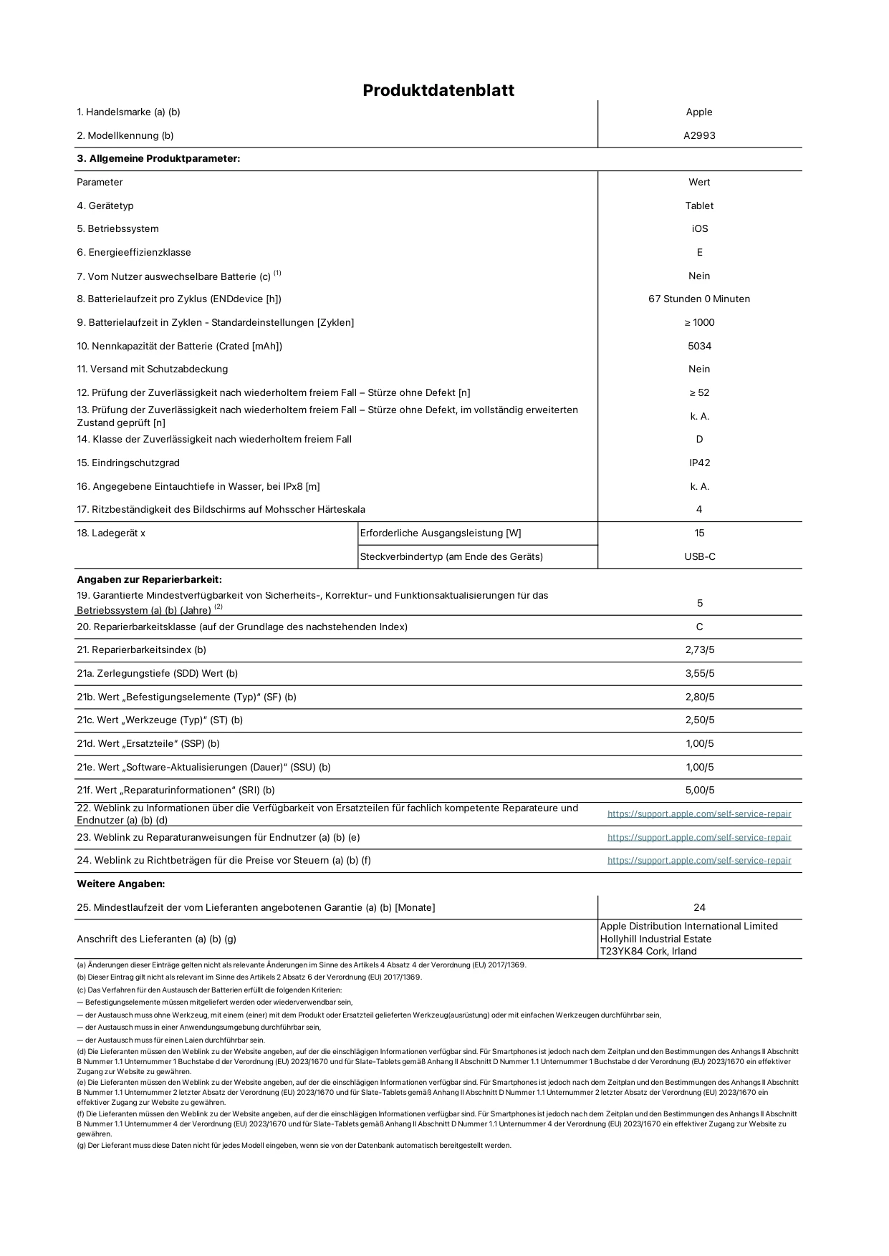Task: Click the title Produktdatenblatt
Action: (x=438, y=90)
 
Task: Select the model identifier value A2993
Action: (x=699, y=135)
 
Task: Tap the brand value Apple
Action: (x=699, y=112)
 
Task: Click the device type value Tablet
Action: (x=699, y=206)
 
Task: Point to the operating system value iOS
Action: (x=700, y=228)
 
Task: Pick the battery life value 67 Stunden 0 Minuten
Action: (x=699, y=299)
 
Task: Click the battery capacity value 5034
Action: (x=699, y=346)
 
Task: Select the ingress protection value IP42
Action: (x=699, y=463)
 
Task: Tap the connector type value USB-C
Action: (x=699, y=556)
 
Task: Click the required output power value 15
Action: (x=699, y=533)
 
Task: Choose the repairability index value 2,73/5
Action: (x=699, y=649)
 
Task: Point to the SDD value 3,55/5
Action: (x=699, y=673)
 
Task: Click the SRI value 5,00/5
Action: (x=699, y=790)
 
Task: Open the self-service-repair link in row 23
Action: (x=699, y=837)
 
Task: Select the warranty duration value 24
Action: (x=699, y=907)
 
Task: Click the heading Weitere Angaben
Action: (x=120, y=884)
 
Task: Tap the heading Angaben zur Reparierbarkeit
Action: (x=149, y=579)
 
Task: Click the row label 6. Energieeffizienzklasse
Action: (x=134, y=252)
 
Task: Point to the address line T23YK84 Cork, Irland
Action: (x=648, y=951)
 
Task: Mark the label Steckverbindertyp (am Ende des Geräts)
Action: (x=451, y=556)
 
